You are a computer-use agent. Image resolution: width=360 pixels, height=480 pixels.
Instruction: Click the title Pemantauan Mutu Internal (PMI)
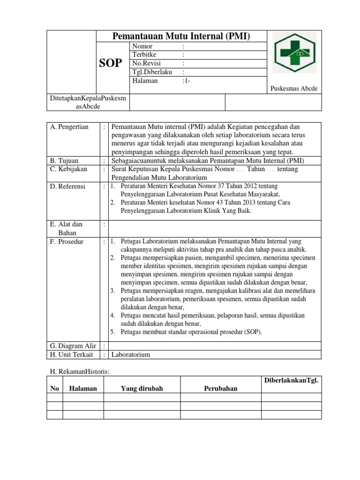pyautogui.click(x=181, y=37)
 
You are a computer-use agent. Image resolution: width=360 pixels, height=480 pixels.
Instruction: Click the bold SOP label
pyautogui.click(x=111, y=63)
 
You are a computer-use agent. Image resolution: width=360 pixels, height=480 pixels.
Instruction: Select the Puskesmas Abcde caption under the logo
pyautogui.click(x=294, y=89)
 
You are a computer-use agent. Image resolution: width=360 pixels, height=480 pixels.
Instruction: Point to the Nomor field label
pyautogui.click(x=142, y=46)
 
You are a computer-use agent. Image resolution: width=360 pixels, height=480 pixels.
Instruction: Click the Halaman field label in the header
pyautogui.click(x=145, y=80)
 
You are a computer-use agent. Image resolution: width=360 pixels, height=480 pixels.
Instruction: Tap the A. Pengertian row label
pyautogui.click(x=69, y=127)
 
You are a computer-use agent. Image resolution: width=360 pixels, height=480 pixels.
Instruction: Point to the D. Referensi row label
pyautogui.click(x=68, y=187)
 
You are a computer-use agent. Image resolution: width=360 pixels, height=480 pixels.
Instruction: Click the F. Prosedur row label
pyautogui.click(x=67, y=242)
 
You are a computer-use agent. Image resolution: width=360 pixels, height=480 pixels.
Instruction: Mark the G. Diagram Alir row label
pyautogui.click(x=73, y=346)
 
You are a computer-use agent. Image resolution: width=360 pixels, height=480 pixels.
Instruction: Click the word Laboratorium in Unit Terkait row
pyautogui.click(x=130, y=354)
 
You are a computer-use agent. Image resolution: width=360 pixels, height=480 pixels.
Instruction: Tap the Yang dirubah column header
pyautogui.click(x=142, y=388)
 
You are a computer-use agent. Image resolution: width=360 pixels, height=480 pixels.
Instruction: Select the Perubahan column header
pyautogui.click(x=220, y=388)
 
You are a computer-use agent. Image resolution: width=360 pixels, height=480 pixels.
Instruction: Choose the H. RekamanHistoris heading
pyautogui.click(x=79, y=371)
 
